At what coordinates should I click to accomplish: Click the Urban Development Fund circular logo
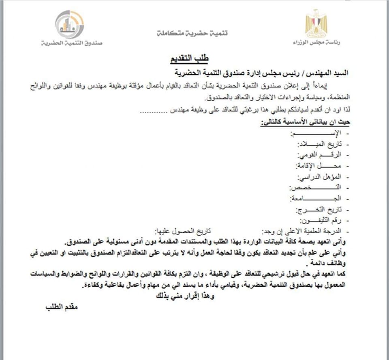(70, 24)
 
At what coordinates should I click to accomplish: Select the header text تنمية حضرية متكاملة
(192, 33)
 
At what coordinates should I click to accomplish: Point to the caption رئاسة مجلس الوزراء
(316, 42)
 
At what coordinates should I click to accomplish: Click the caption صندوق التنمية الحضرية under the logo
(72, 43)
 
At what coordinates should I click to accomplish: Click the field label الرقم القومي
(321, 155)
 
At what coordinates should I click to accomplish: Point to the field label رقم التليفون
(323, 221)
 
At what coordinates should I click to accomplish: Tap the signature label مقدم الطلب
(61, 307)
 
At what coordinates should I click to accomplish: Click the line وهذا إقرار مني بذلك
(185, 296)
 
